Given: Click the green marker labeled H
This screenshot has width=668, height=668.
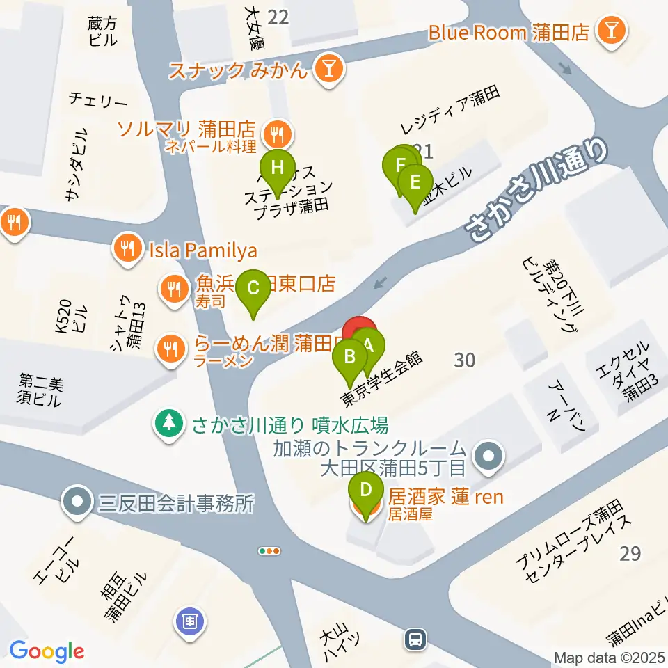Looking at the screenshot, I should coord(278,168).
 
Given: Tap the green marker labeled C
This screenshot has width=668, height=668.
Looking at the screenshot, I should coord(253,287).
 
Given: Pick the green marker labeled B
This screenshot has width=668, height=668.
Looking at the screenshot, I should coord(351,358).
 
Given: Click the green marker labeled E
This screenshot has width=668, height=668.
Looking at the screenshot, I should coord(415,183).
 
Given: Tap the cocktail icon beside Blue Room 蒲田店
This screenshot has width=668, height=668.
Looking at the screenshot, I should coord(614,31).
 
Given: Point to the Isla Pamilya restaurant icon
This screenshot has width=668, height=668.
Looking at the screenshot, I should coord(127,249).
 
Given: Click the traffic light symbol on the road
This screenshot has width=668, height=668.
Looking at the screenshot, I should coord(269,551).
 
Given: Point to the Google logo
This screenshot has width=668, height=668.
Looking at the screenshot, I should coord(47,651).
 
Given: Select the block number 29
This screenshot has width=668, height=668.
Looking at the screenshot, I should coord(630,554).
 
